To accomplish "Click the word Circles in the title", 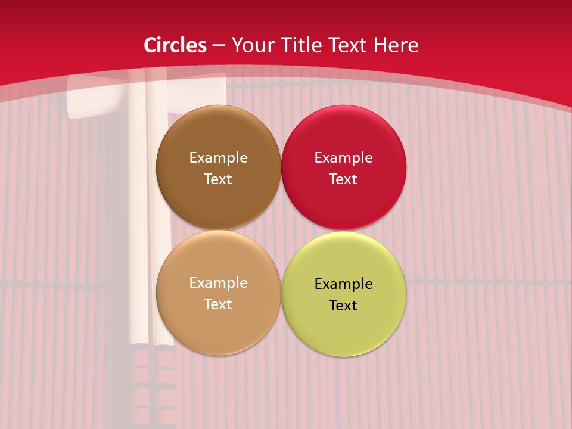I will point(175,45).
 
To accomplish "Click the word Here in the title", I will point(396,45).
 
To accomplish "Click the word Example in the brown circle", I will point(218,158).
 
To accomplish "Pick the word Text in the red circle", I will point(343,179).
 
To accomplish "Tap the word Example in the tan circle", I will point(218,283).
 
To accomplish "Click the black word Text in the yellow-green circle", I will point(343,306).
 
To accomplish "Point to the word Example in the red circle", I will point(343,158).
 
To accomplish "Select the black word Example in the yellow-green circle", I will point(343,284).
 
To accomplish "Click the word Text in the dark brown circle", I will point(218,179).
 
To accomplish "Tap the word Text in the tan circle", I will point(218,304).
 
